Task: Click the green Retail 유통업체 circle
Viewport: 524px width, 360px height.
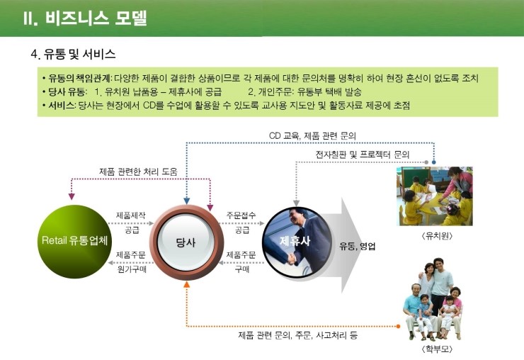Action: click(74, 241)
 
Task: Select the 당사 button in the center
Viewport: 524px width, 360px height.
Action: click(186, 242)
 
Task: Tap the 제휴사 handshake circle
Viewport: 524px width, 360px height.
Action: click(297, 242)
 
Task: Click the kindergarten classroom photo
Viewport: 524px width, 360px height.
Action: click(435, 196)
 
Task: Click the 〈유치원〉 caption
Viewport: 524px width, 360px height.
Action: click(437, 236)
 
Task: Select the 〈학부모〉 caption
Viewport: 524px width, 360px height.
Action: click(437, 349)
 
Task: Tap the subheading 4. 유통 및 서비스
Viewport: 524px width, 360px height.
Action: click(73, 54)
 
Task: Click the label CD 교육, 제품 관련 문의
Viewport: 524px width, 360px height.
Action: click(312, 136)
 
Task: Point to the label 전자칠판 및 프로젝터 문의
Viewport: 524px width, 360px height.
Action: click(363, 154)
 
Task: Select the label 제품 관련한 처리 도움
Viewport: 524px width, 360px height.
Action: click(138, 171)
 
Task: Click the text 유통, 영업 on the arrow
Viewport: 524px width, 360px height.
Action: click(358, 246)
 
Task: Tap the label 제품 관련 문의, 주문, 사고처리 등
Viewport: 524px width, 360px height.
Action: click(297, 335)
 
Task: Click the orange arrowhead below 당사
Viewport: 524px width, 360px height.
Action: click(187, 284)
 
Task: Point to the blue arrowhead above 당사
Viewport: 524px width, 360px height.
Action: click(187, 201)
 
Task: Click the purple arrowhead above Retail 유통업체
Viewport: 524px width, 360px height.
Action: click(72, 196)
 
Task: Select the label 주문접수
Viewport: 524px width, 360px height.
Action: click(241, 215)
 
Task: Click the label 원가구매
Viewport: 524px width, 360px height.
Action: click(132, 269)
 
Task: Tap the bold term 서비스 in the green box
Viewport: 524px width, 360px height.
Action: click(61, 106)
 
